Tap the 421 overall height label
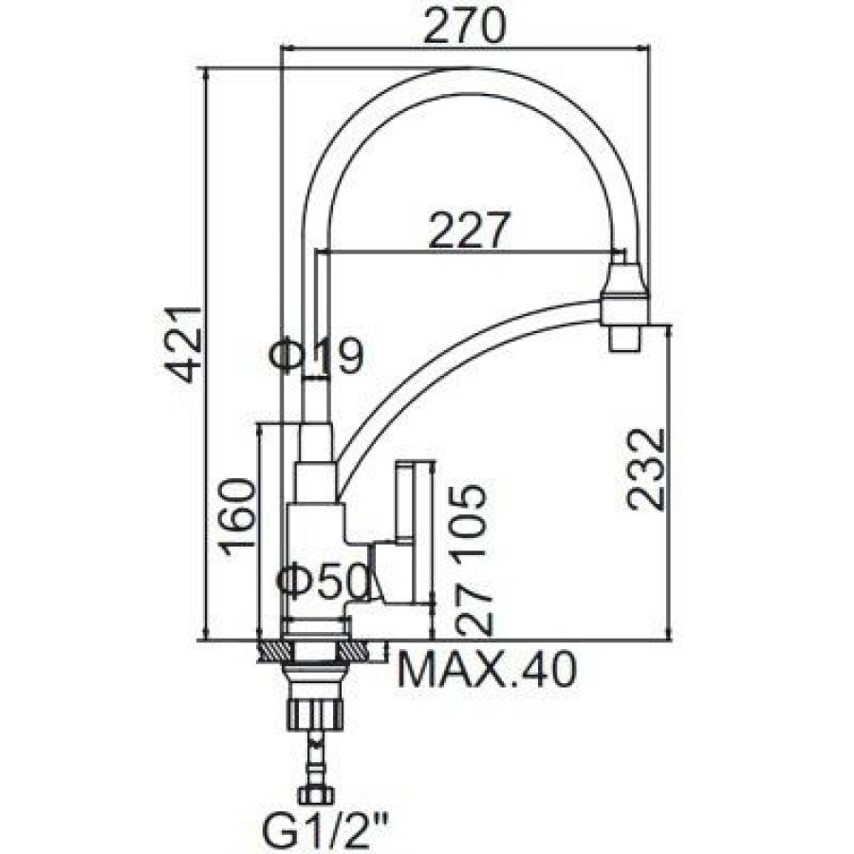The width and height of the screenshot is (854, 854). point(184,344)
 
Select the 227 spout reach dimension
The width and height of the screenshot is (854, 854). point(470,230)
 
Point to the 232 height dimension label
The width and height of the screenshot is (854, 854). point(646,470)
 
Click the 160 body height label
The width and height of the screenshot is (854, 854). point(237,516)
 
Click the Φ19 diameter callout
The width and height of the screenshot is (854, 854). point(318,356)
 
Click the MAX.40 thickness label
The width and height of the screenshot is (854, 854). point(487,669)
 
